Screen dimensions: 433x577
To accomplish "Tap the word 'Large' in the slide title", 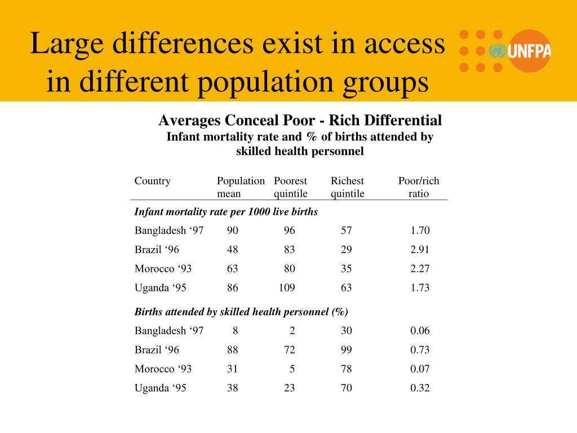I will [66, 44].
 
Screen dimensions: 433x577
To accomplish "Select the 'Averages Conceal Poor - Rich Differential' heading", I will [300, 120].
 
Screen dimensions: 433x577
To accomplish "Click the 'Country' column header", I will [152, 181].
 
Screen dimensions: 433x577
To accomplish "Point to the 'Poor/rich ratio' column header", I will [419, 187].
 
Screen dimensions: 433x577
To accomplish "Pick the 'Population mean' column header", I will [241, 187].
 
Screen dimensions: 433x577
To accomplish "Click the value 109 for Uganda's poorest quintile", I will [287, 288].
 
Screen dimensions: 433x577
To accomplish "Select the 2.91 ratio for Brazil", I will [420, 249].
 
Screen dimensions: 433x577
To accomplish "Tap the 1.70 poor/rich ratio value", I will [420, 230].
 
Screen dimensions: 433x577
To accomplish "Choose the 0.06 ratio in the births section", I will [420, 330].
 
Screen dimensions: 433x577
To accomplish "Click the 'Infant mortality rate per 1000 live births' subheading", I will [226, 212].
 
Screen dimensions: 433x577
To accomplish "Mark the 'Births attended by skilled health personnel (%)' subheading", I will [241, 312].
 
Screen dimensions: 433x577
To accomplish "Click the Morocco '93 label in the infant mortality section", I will [163, 268].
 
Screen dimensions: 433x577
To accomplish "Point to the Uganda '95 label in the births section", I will [160, 388].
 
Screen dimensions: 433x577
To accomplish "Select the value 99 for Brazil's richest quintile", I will [346, 350].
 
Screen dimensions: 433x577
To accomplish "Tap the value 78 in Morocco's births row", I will [346, 369].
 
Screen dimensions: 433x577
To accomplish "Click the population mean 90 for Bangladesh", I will [232, 230].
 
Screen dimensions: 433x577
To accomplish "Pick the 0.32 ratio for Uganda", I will [420, 388].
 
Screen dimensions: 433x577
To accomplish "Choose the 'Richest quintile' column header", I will [348, 187].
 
